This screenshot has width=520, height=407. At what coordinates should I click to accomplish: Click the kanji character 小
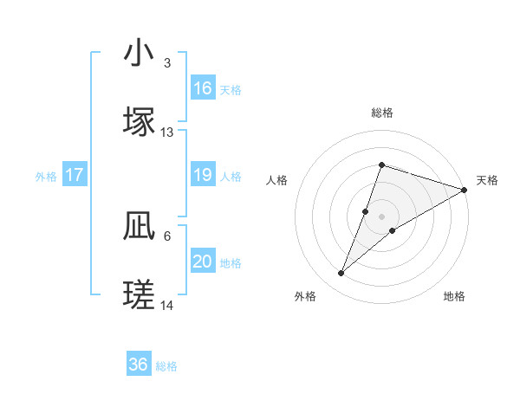pyautogui.click(x=140, y=54)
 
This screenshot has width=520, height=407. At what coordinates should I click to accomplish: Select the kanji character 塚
pyautogui.click(x=140, y=122)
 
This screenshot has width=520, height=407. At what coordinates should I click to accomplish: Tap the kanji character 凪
pyautogui.click(x=140, y=227)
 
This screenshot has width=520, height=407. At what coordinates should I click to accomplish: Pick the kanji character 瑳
pyautogui.click(x=140, y=295)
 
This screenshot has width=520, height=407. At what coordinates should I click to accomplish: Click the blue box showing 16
pyautogui.click(x=203, y=88)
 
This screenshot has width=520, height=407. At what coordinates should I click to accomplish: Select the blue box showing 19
pyautogui.click(x=203, y=176)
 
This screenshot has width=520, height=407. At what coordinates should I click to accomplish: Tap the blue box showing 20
pyautogui.click(x=203, y=262)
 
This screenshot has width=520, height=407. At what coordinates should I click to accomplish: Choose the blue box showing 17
pyautogui.click(x=75, y=176)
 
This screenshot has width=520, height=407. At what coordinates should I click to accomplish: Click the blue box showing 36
pyautogui.click(x=139, y=365)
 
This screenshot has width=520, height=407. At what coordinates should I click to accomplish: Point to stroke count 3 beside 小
pyautogui.click(x=167, y=63)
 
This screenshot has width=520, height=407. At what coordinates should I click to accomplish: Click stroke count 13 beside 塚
pyautogui.click(x=167, y=132)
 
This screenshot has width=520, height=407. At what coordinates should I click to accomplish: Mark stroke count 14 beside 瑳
pyautogui.click(x=167, y=306)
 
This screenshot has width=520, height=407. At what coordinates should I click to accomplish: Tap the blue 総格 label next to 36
pyautogui.click(x=166, y=366)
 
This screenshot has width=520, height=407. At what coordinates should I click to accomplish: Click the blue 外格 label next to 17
pyautogui.click(x=46, y=177)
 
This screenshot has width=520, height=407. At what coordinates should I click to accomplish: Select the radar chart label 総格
pyautogui.click(x=381, y=113)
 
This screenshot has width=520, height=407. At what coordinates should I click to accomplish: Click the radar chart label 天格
pyautogui.click(x=487, y=180)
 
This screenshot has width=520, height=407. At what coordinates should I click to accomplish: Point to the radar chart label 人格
pyautogui.click(x=277, y=180)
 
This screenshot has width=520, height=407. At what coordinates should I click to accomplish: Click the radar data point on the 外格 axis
pyautogui.click(x=341, y=274)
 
